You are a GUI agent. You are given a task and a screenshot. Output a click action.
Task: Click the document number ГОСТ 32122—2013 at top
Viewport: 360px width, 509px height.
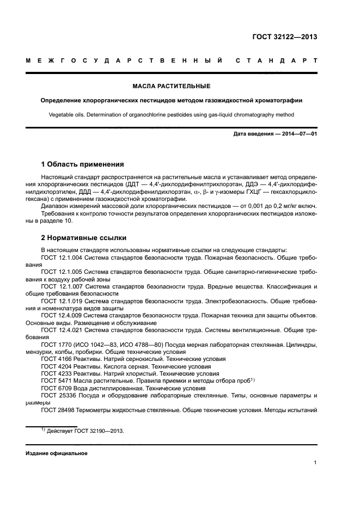click(284, 38)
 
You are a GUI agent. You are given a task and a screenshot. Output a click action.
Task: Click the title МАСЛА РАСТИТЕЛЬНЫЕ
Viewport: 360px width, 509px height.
click(172, 86)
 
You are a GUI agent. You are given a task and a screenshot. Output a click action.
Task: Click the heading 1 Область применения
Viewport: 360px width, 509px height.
click(82, 164)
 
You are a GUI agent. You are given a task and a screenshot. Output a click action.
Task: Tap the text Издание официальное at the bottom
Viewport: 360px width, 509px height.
click(57, 453)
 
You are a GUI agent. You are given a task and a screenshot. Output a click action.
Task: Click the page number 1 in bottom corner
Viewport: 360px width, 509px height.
click(315, 463)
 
